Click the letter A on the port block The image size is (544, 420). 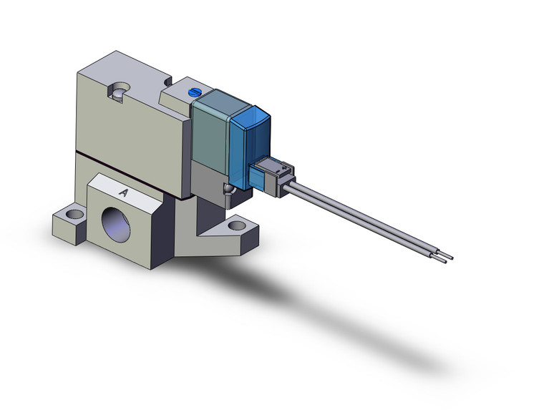[x=123, y=192]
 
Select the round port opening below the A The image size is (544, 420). [x=120, y=228]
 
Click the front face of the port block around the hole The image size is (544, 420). [x=143, y=229]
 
